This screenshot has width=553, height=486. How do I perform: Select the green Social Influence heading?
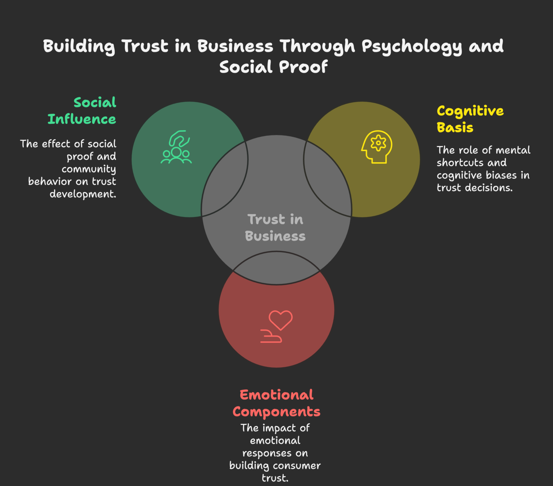[x=82, y=111]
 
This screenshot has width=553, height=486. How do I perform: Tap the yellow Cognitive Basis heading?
[x=470, y=119]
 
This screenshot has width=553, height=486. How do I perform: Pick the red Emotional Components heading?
[x=276, y=403]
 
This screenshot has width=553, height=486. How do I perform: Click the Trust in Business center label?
[x=275, y=228]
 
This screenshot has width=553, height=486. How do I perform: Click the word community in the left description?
[x=89, y=169]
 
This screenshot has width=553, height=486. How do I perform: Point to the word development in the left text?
[x=83, y=194]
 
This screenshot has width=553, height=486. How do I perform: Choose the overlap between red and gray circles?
[x=276, y=268]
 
